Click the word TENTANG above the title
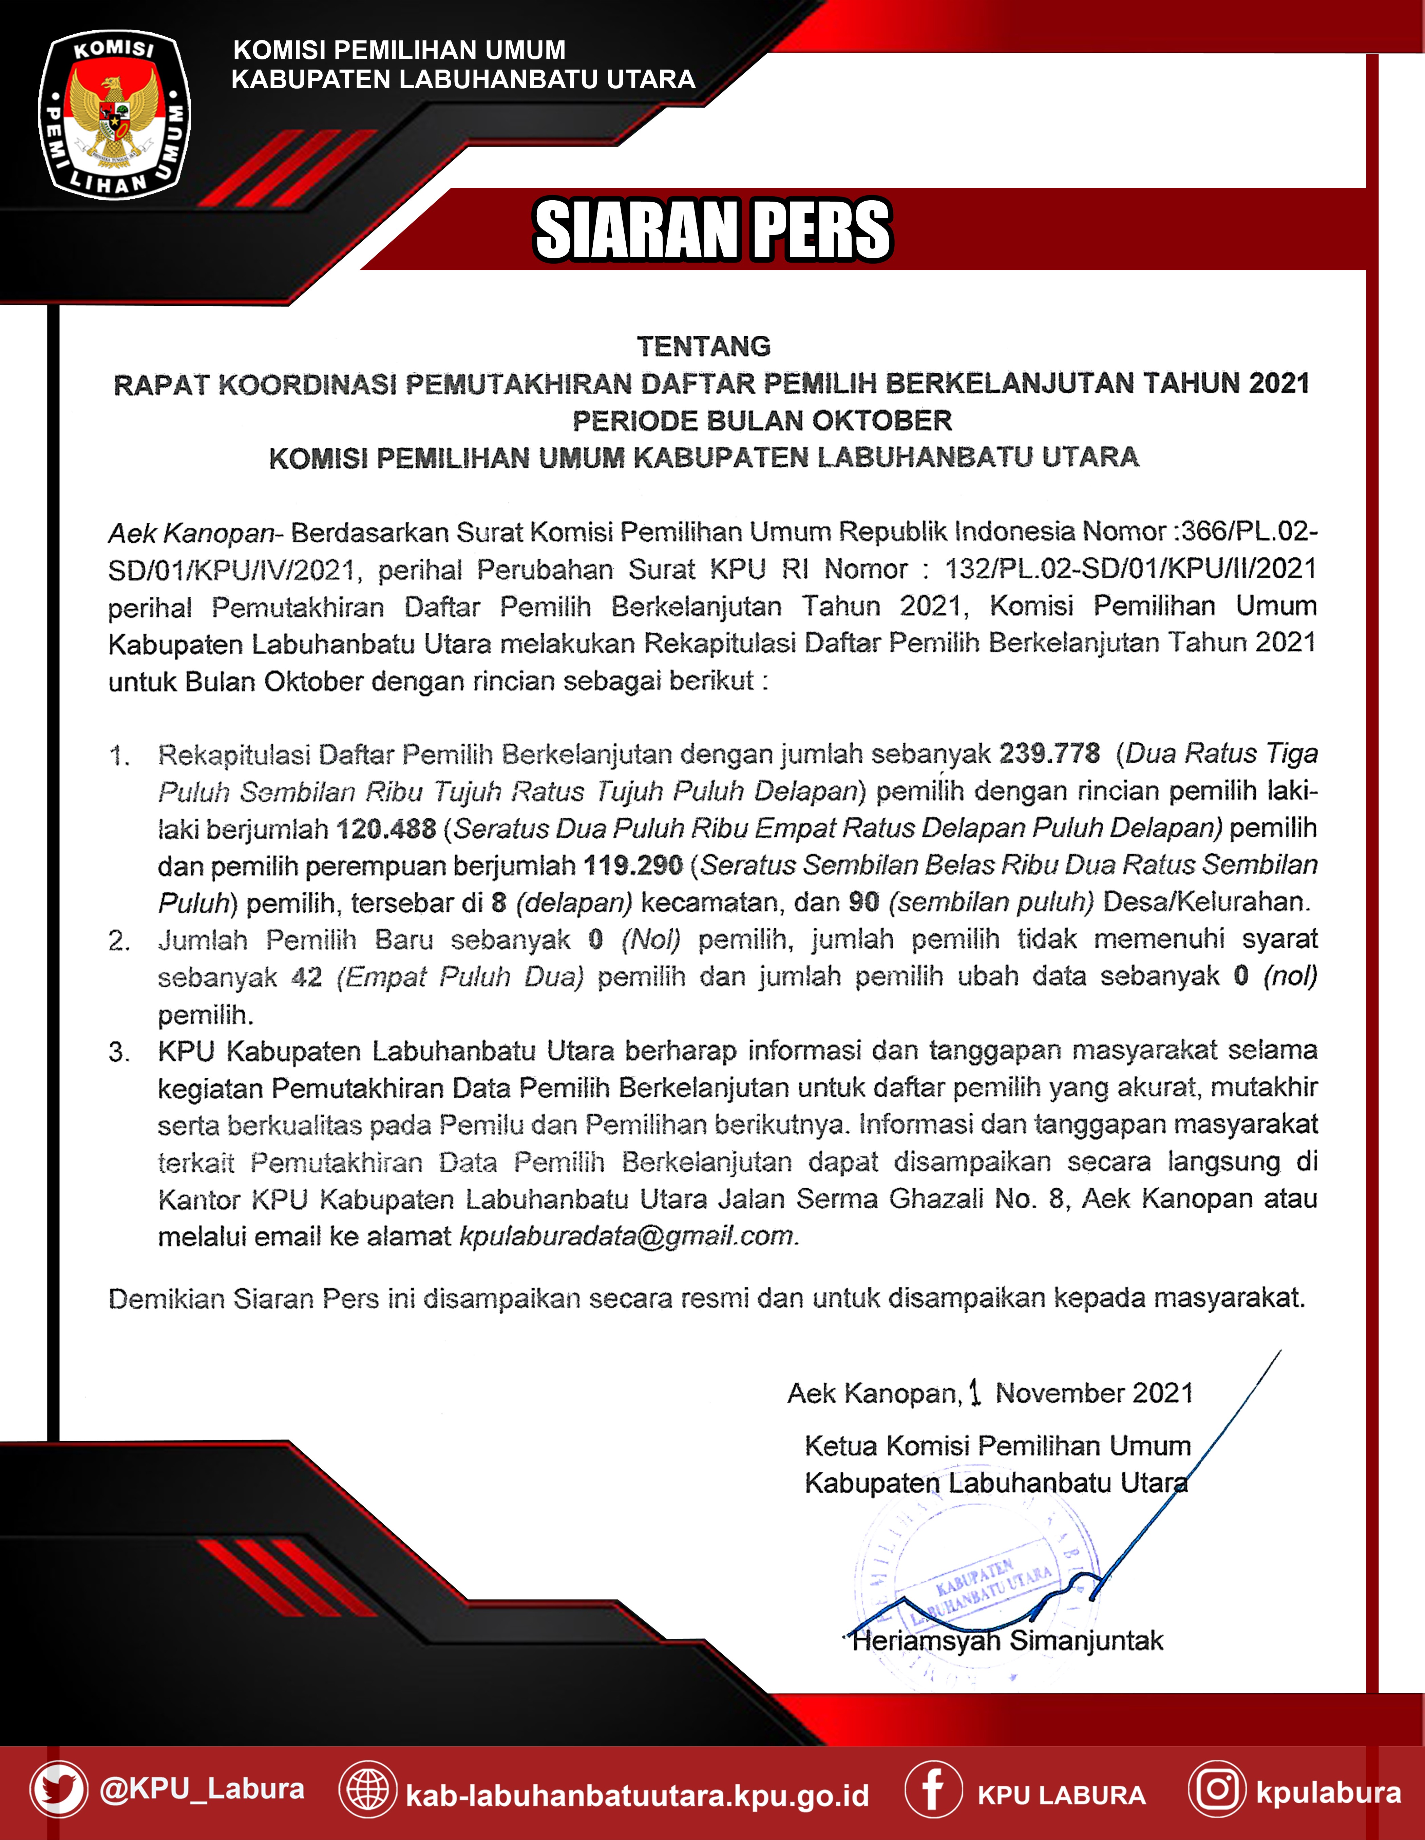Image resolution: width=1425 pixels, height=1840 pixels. (x=703, y=346)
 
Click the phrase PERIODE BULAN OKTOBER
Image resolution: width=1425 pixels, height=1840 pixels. (x=762, y=421)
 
